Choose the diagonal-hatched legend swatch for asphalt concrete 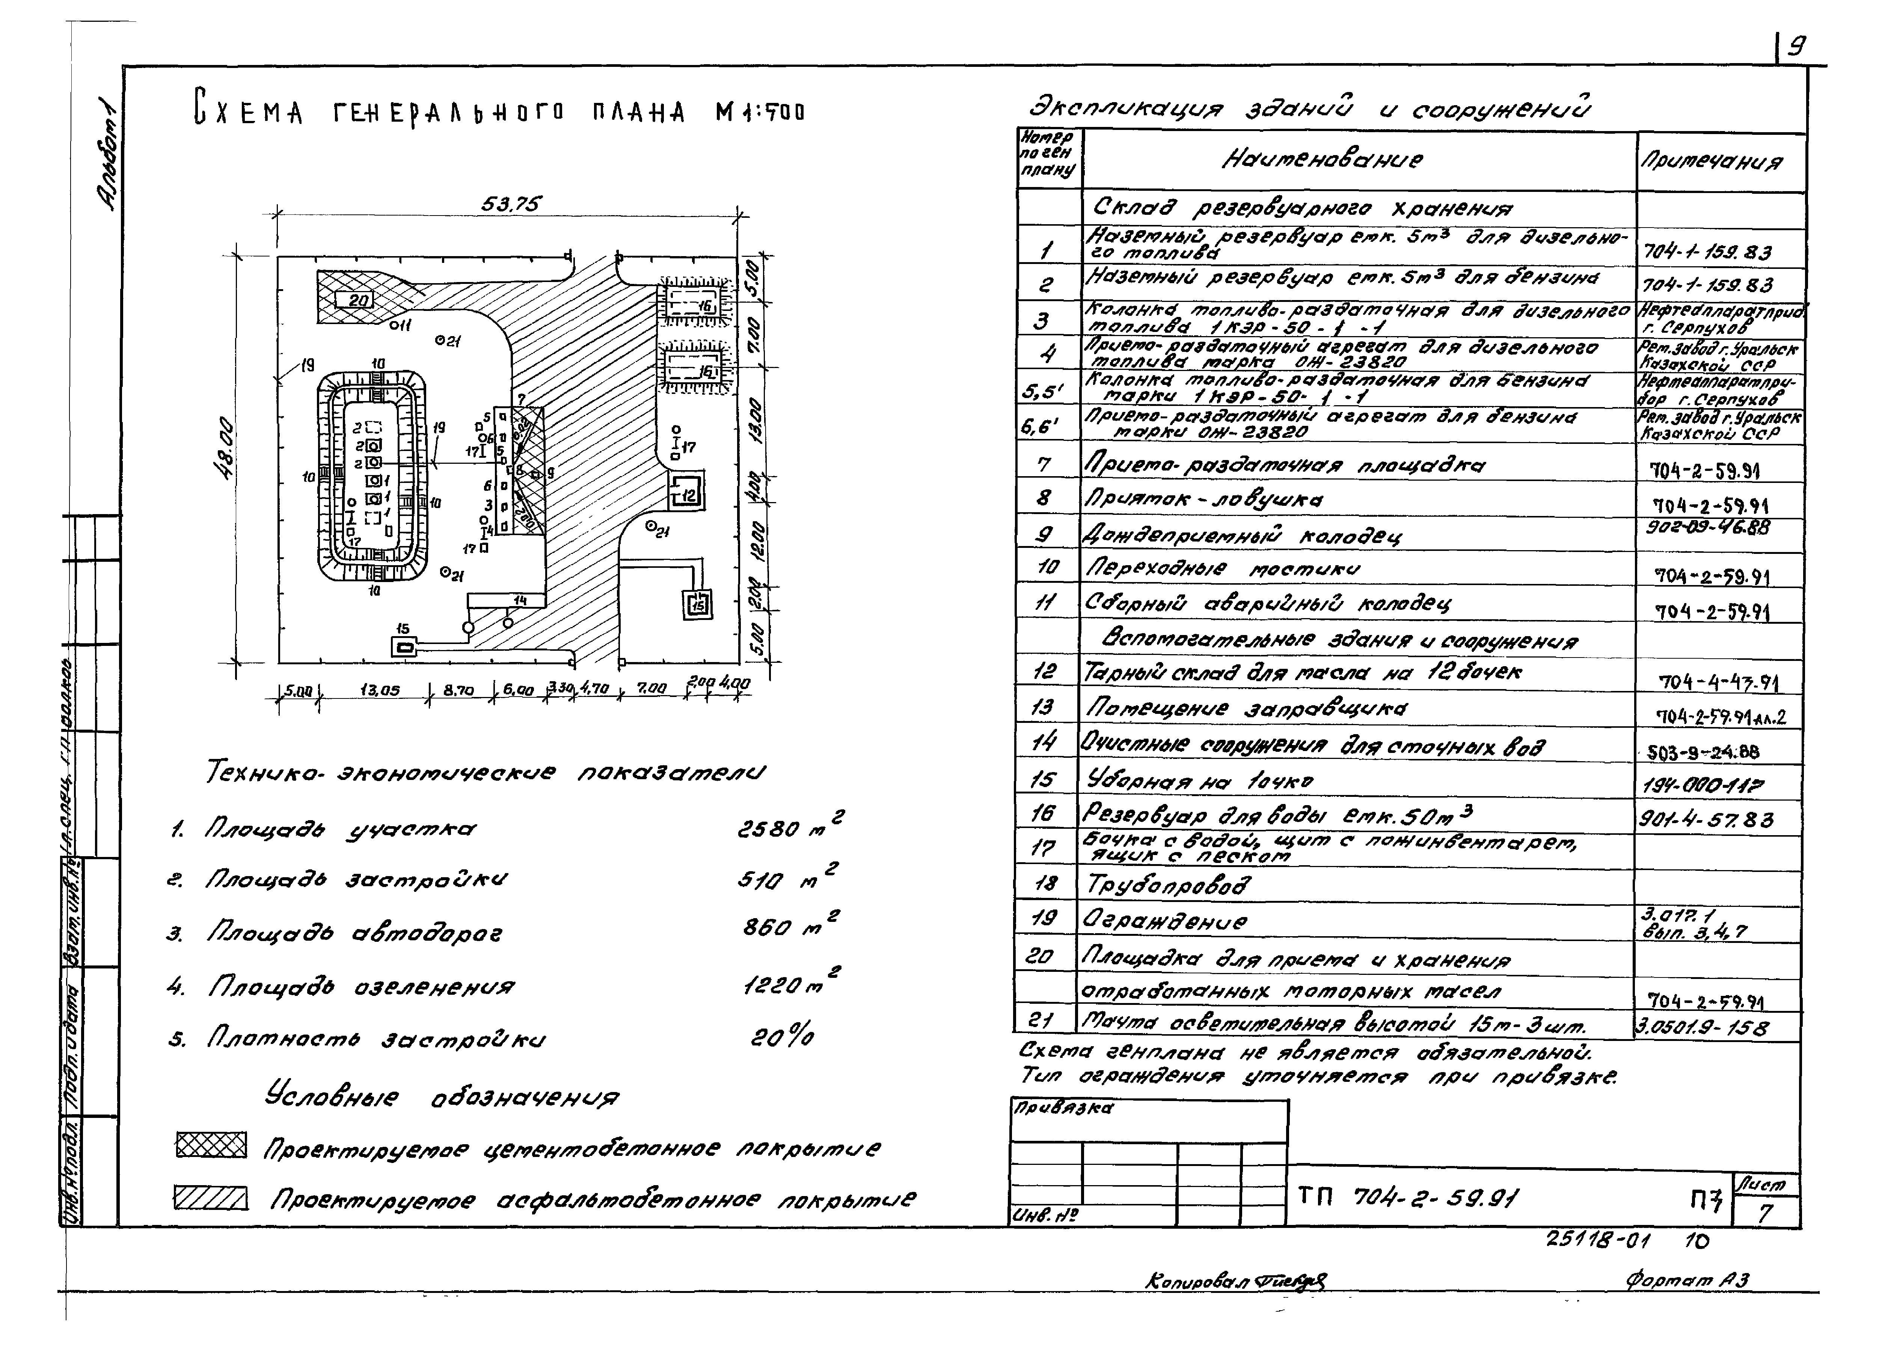pyautogui.click(x=211, y=1198)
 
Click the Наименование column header pyautogui.click(x=1321, y=160)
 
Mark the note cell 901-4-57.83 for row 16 pyautogui.click(x=1706, y=820)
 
